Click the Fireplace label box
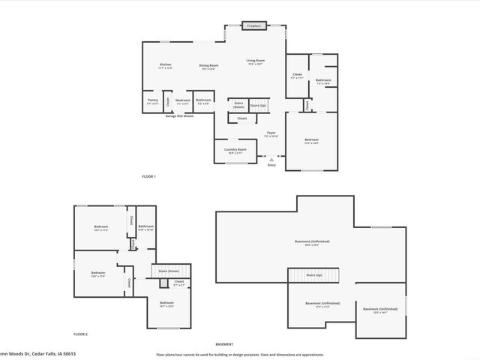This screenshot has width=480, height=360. [x=255, y=25]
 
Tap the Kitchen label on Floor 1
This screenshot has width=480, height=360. [x=166, y=66]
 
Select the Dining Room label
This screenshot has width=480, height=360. [x=208, y=66]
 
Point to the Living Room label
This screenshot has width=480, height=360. [x=256, y=61]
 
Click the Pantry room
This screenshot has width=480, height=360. [x=153, y=100]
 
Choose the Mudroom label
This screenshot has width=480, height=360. [x=182, y=100]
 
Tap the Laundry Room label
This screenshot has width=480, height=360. [x=235, y=150]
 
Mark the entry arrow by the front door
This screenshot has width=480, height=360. [x=271, y=158]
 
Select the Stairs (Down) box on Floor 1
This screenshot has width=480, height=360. [x=238, y=105]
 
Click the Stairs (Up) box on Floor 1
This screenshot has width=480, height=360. [x=258, y=106]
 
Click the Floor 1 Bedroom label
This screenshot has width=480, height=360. [x=311, y=140]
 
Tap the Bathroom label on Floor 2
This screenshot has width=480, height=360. [x=145, y=227]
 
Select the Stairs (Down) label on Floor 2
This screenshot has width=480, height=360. [x=169, y=270]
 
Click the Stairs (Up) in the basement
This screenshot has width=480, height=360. [x=313, y=275]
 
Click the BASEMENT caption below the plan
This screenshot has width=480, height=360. [x=224, y=343]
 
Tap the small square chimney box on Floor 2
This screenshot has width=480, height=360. [x=163, y=283]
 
